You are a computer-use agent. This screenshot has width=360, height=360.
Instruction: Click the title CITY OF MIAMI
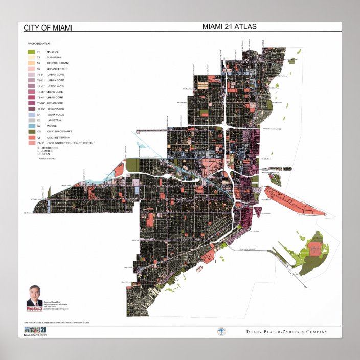(48, 27)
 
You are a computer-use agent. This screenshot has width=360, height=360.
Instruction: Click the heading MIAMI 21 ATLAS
(229, 26)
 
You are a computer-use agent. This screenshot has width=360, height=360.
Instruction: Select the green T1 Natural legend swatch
(31, 52)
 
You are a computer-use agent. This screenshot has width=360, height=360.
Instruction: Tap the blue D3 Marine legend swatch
(31, 126)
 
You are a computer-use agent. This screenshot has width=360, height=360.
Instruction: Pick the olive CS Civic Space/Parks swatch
(31, 131)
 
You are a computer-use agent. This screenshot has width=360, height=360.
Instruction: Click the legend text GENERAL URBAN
(57, 63)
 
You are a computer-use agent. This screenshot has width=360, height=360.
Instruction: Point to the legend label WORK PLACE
(55, 115)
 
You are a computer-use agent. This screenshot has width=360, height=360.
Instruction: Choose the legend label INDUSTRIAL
(55, 120)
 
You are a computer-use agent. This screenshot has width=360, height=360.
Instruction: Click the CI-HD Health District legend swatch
(31, 143)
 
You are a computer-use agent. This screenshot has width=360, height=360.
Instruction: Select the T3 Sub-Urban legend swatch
(31, 57)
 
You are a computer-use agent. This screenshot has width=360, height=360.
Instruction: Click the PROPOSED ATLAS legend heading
(37, 44)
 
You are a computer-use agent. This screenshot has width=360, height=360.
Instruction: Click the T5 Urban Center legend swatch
(31, 69)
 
